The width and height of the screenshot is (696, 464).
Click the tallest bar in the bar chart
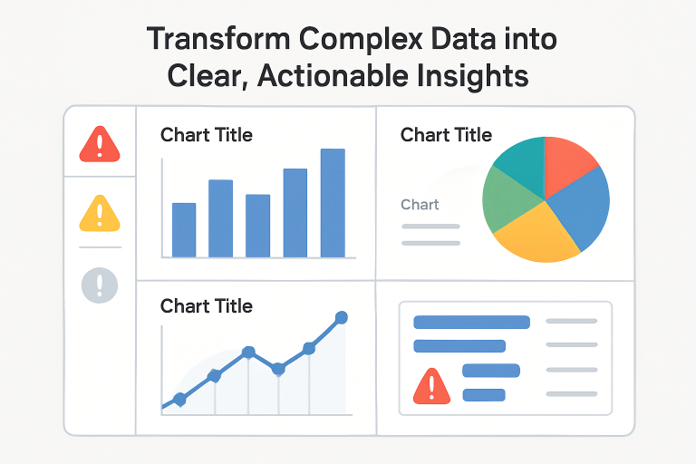333,203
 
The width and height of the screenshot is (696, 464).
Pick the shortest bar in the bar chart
184,230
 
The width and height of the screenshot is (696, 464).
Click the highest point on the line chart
341,317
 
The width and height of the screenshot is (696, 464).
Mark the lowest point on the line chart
179,399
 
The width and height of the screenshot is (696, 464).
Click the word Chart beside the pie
420,205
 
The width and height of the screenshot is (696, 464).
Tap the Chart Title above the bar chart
206,135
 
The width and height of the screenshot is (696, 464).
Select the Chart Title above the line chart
206,306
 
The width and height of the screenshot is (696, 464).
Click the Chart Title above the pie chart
446,135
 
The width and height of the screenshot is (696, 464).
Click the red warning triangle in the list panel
431,387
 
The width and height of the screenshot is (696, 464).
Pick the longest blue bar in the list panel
471,322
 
